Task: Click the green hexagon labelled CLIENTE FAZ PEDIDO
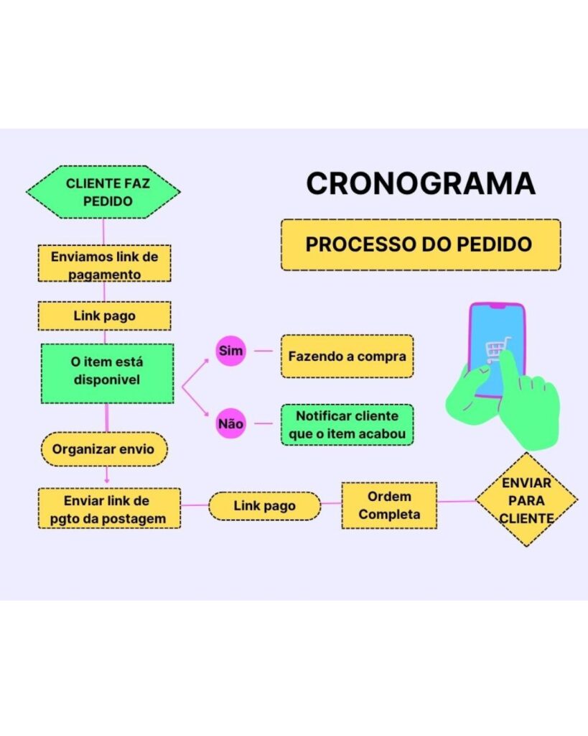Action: (x=103, y=192)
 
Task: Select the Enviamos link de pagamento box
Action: (x=104, y=263)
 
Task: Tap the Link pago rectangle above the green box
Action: (x=104, y=316)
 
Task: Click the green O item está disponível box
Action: (x=108, y=374)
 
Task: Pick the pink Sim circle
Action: (x=230, y=351)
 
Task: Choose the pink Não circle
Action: (x=230, y=423)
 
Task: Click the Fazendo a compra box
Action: (x=347, y=356)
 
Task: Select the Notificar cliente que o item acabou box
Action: (x=347, y=425)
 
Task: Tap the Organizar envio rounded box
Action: (x=104, y=449)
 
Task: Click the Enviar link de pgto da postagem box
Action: (x=109, y=509)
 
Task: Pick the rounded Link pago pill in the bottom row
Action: (x=264, y=506)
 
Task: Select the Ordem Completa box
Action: (x=389, y=505)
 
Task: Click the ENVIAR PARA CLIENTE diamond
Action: (x=526, y=500)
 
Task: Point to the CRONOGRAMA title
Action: (x=421, y=183)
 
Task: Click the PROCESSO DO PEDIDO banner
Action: (x=421, y=244)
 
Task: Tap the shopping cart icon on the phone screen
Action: (x=495, y=350)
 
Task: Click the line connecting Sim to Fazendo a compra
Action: (x=263, y=351)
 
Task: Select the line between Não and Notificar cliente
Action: (x=263, y=423)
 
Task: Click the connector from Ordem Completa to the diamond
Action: (x=456, y=501)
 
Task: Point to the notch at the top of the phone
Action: (x=498, y=306)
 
